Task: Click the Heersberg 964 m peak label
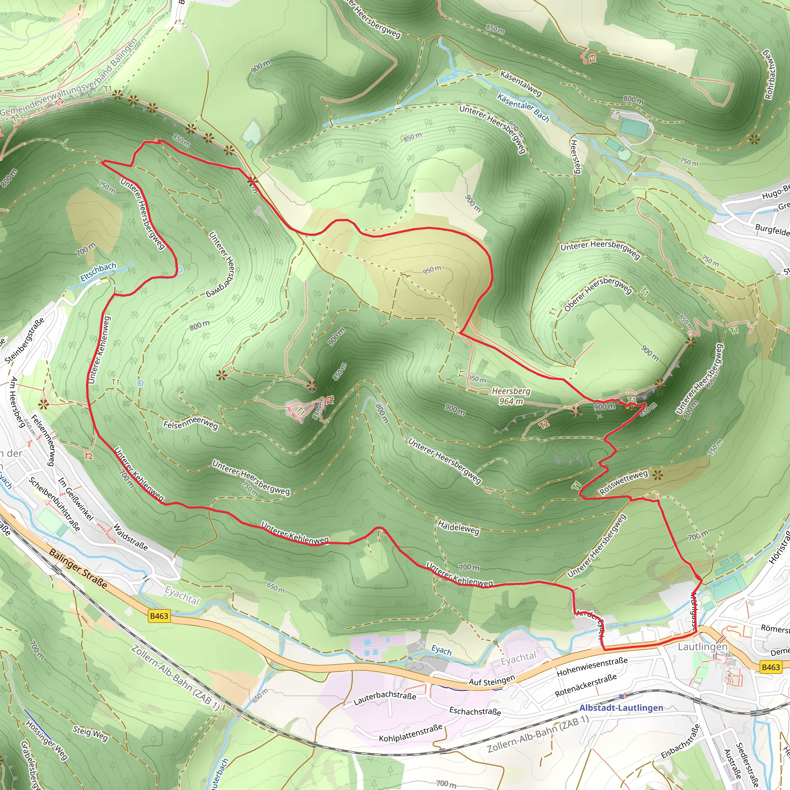click(x=511, y=396)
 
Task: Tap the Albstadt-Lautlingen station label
click(x=621, y=708)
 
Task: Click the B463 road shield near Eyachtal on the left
click(x=159, y=616)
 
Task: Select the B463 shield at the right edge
click(x=771, y=667)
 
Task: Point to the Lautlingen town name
click(x=702, y=647)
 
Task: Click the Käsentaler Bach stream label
click(x=523, y=107)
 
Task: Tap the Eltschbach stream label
click(x=98, y=272)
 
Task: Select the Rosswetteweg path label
click(x=624, y=482)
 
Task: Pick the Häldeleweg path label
click(x=458, y=527)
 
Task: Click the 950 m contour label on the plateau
click(x=432, y=270)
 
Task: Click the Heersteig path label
click(x=575, y=157)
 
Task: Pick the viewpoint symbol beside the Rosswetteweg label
click(x=657, y=475)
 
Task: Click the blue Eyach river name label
click(x=441, y=650)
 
